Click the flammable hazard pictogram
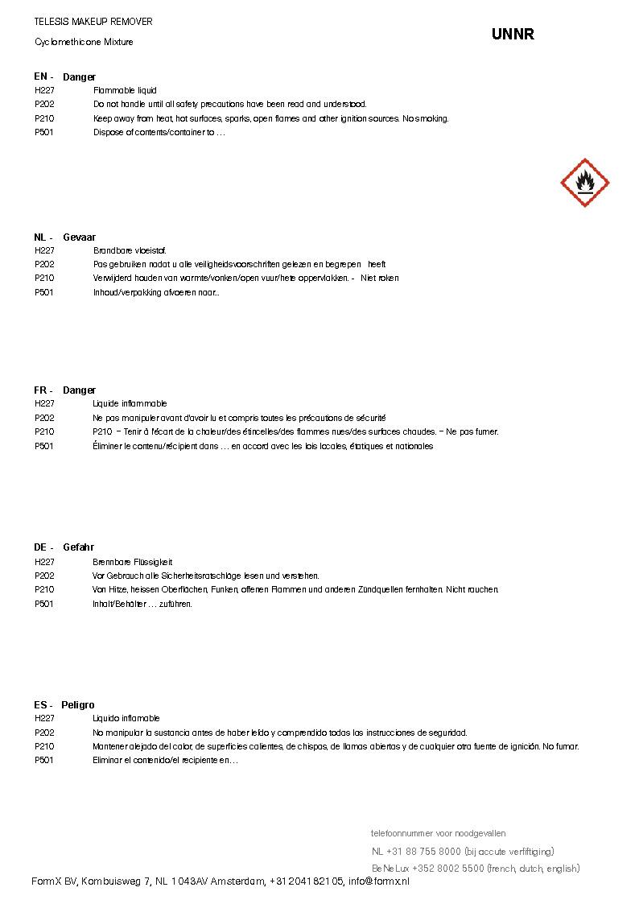tap(584, 183)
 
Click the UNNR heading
tap(513, 35)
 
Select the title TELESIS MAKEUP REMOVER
tap(93, 22)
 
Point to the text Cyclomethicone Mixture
tap(84, 42)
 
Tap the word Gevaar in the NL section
tap(79, 237)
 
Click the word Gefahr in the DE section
tap(78, 547)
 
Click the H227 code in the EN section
tap(44, 91)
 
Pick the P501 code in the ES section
tap(44, 760)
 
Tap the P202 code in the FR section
tap(44, 418)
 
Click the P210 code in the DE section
tap(44, 590)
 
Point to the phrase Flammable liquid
tap(125, 91)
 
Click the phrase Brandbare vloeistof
tap(130, 251)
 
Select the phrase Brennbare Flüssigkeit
tap(133, 562)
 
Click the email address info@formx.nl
tap(379, 882)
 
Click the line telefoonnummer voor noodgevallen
tap(438, 833)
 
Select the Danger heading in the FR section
tap(79, 390)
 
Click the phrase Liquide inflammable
tap(130, 403)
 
